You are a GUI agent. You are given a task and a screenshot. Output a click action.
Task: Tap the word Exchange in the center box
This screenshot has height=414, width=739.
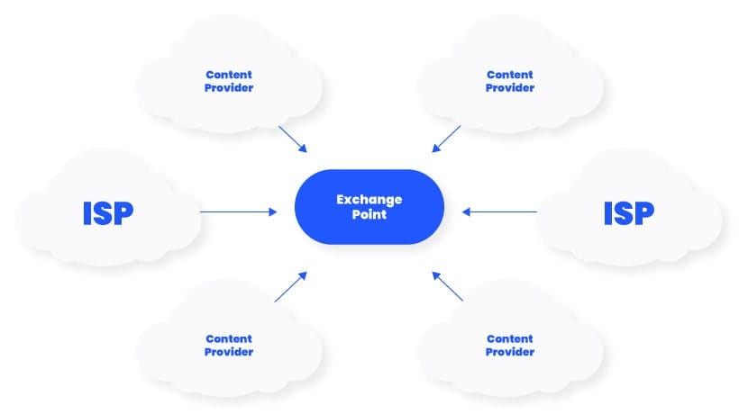pos(369,199)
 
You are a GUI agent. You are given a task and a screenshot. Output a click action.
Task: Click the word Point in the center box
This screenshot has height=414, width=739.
pos(369,215)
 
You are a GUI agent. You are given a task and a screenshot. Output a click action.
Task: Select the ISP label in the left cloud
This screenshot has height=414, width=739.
pos(107,213)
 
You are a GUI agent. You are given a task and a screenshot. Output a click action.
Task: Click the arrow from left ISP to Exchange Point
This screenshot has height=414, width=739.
pos(238,212)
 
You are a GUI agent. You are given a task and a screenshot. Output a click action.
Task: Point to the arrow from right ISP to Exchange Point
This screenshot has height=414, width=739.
pos(499,212)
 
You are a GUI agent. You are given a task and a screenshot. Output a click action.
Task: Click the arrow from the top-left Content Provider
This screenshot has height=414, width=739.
pos(293,139)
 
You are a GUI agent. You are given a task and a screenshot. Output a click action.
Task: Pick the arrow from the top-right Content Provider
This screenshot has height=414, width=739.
pos(446,139)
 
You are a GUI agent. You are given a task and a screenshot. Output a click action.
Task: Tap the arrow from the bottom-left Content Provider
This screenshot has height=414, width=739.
pos(290,286)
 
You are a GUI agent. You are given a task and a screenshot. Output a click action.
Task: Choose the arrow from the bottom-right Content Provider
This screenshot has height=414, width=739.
pos(448,286)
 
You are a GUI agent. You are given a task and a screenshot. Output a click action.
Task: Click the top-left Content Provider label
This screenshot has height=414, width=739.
pos(229,81)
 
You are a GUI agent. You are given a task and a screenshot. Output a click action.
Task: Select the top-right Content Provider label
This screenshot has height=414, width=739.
pos(510,81)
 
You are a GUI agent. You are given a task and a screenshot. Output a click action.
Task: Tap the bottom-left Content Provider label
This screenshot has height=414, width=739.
pos(229,345)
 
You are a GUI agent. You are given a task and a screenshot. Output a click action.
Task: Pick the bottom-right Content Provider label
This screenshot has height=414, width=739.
pos(510,345)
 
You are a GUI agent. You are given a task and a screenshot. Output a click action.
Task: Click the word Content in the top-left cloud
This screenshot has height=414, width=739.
pos(229,75)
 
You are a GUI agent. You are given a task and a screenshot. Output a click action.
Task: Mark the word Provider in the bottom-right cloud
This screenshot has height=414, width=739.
pos(510,352)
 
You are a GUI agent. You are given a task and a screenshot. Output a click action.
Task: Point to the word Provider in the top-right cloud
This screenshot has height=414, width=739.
pos(510,88)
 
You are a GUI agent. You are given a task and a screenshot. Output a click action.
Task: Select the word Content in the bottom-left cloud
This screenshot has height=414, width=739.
pos(229,338)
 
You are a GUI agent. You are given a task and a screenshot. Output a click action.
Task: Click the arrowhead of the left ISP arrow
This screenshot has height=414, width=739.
pos(273,212)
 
